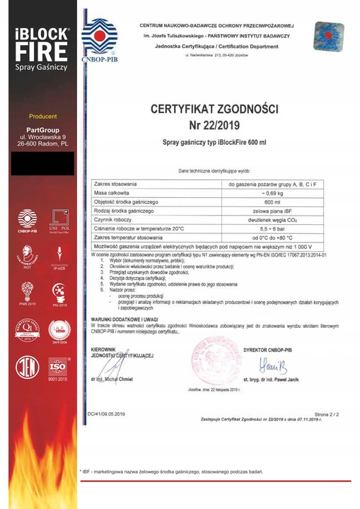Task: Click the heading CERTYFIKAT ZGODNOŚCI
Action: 215,110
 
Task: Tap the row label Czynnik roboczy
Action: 113,220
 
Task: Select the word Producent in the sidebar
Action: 42,116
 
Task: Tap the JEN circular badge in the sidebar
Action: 26,368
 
